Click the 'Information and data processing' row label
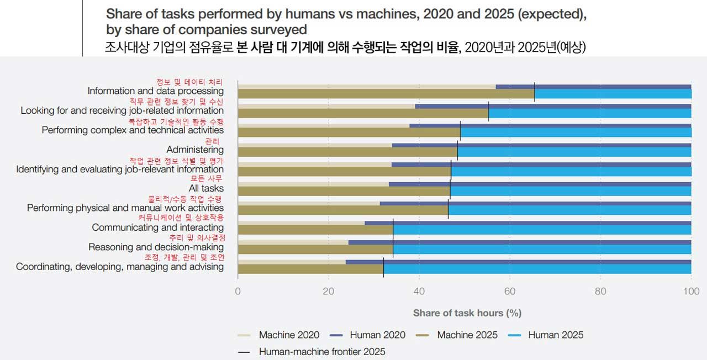(155, 91)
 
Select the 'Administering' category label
(195, 150)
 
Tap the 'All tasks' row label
(206, 189)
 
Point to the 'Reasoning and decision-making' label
(156, 247)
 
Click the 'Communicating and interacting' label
(157, 227)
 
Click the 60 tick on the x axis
(510, 292)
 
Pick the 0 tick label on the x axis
(238, 292)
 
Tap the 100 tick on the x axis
(690, 292)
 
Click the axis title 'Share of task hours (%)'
(467, 313)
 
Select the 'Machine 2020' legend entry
(289, 335)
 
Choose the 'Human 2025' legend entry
(555, 335)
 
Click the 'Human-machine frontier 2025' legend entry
(321, 352)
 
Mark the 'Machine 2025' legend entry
(467, 335)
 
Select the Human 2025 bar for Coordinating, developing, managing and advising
(536, 269)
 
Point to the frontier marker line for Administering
(457, 150)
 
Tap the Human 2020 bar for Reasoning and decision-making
(519, 242)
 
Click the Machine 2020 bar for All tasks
(313, 184)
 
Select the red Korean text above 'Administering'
(212, 141)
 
